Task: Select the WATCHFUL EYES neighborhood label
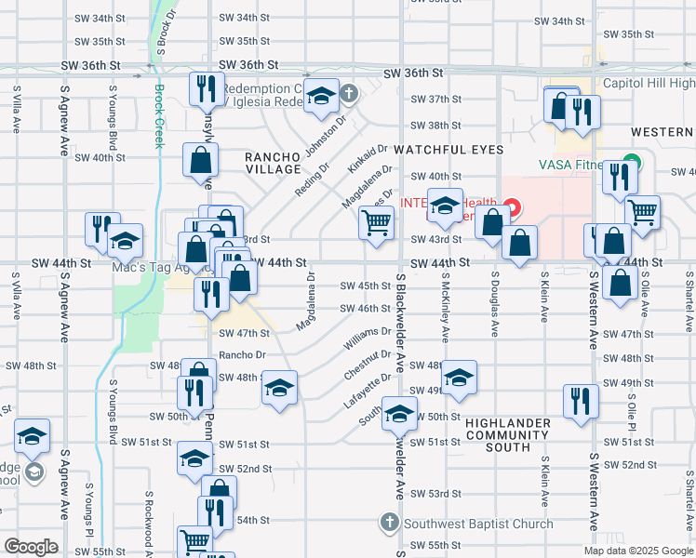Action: click(x=448, y=150)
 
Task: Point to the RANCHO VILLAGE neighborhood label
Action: click(x=273, y=163)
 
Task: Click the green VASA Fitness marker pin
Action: click(x=632, y=161)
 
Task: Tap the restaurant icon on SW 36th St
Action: click(x=204, y=88)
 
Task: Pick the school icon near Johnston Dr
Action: click(x=321, y=96)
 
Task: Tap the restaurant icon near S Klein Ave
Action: click(x=579, y=401)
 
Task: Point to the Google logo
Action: click(x=32, y=547)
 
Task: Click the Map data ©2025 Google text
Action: click(x=637, y=551)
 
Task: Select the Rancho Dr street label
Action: click(x=242, y=355)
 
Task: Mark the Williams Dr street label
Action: click(x=368, y=337)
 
